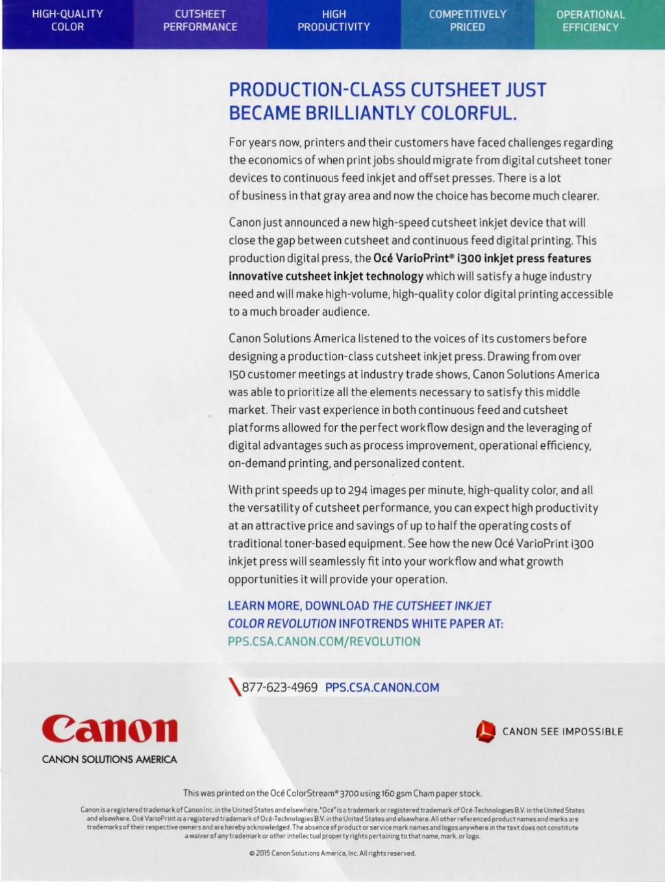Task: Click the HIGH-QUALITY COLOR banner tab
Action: [x=68, y=20]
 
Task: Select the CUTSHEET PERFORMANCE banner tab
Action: [x=200, y=20]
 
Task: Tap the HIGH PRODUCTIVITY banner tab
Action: [x=334, y=20]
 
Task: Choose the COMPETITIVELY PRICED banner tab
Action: [x=468, y=20]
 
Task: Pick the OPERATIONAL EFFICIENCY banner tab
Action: [x=590, y=21]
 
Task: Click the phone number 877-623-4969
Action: [x=280, y=687]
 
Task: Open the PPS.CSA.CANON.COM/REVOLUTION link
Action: [x=324, y=641]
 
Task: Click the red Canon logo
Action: [x=110, y=729]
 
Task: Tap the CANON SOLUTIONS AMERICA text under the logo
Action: [x=110, y=759]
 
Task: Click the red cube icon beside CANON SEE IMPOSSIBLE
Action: [x=485, y=731]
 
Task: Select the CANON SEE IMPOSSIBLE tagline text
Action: [x=562, y=731]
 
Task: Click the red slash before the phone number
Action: [x=234, y=687]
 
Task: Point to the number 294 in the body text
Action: [x=358, y=490]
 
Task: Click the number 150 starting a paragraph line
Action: [x=236, y=375]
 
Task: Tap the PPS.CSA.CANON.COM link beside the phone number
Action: [x=382, y=687]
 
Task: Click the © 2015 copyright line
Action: [x=332, y=853]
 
